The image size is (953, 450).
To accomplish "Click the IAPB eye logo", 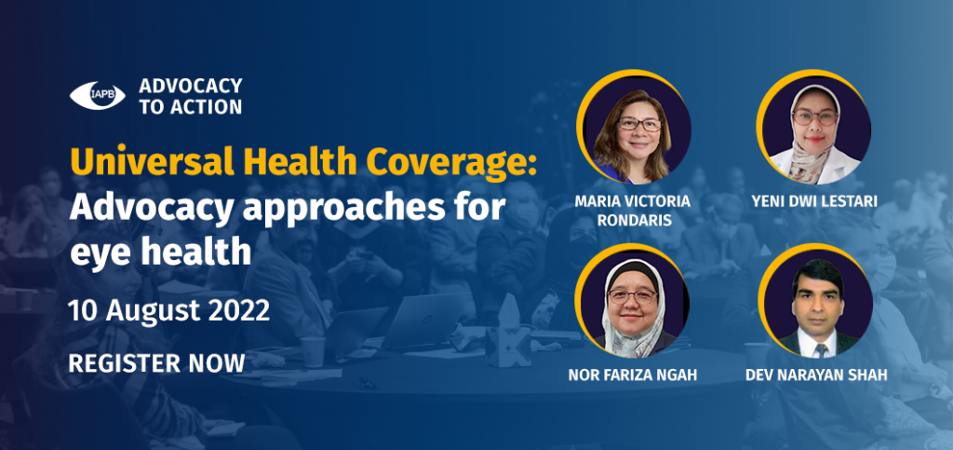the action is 97,96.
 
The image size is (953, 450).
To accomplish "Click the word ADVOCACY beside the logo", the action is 190,86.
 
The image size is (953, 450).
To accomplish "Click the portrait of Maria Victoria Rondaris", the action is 634,127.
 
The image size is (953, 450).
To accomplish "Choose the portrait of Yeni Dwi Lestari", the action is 813,127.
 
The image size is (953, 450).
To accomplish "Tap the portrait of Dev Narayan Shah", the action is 814,301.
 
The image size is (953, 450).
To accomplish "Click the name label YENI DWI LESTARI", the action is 814,201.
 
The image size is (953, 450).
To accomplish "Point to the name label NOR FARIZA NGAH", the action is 633,375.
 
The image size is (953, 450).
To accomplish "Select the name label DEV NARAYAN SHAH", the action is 816,375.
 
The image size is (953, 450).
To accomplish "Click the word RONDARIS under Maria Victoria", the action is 634,220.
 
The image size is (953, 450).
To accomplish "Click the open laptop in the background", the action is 423,320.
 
